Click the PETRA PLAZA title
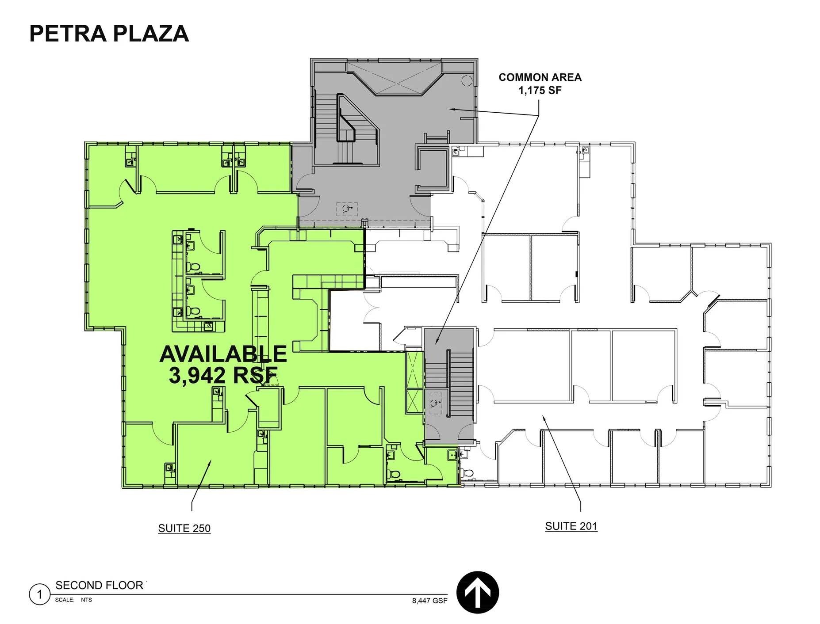tap(109, 34)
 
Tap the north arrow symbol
tap(477, 592)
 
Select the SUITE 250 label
tap(184, 528)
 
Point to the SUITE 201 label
tap(571, 526)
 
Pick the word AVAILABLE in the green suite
tap(223, 354)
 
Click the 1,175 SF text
tap(540, 91)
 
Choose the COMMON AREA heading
tap(540, 77)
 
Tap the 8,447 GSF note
tap(429, 601)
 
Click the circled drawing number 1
tap(39, 594)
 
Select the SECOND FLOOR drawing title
tap(99, 585)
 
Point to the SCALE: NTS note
tap(73, 600)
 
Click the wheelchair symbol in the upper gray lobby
tap(347, 209)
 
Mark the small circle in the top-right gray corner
tap(467, 80)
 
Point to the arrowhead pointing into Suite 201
tap(543, 417)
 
